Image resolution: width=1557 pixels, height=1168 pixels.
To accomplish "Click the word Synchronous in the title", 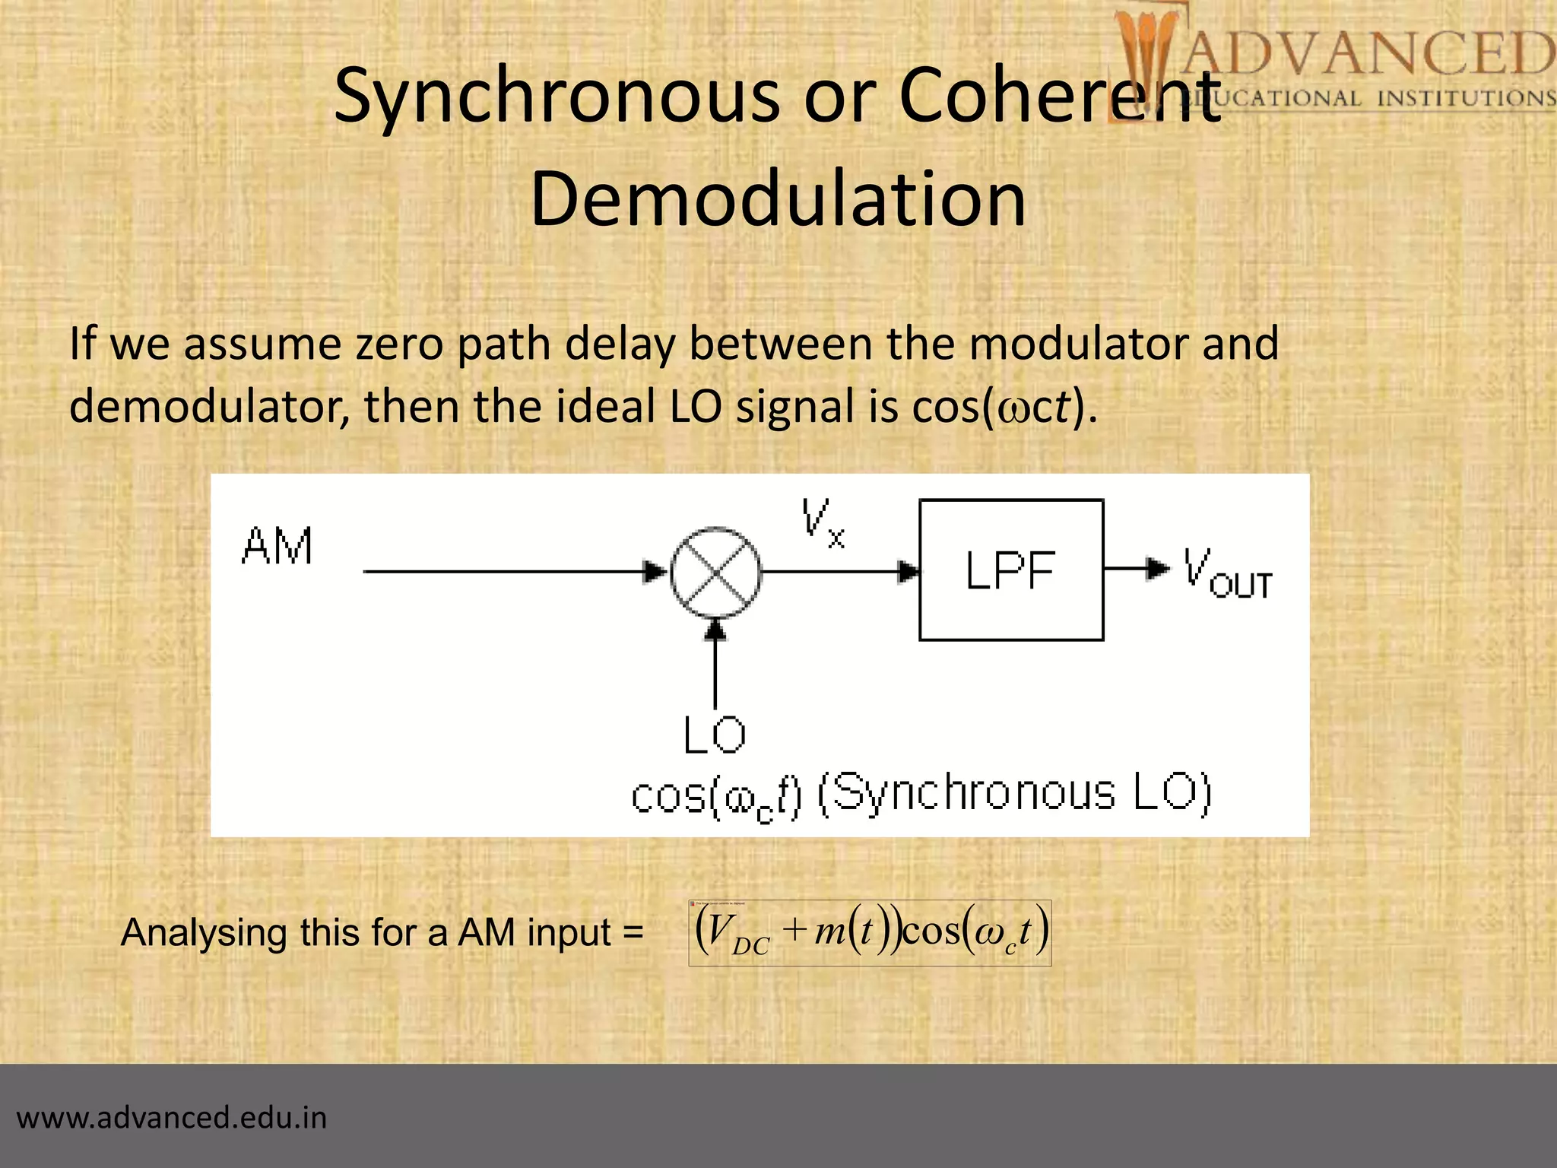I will [x=557, y=97].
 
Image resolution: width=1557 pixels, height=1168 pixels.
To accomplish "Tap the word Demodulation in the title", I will [x=778, y=199].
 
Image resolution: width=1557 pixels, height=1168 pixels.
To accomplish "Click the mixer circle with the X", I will [x=715, y=572].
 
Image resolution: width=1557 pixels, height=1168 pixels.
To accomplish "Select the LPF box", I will [x=1010, y=570].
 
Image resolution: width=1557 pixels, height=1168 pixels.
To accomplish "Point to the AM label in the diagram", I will [x=277, y=546].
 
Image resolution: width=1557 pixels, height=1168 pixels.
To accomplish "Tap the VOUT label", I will [x=1226, y=575].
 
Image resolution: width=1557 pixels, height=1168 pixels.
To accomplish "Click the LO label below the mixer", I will [x=714, y=735].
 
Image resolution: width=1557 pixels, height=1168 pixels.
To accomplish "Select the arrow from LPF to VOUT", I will [x=1136, y=568].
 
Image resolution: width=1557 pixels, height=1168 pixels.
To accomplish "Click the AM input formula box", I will [x=870, y=933].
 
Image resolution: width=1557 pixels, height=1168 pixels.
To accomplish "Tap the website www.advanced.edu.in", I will [x=172, y=1118].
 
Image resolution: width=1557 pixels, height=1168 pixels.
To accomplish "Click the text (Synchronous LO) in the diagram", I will [x=1014, y=795].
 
